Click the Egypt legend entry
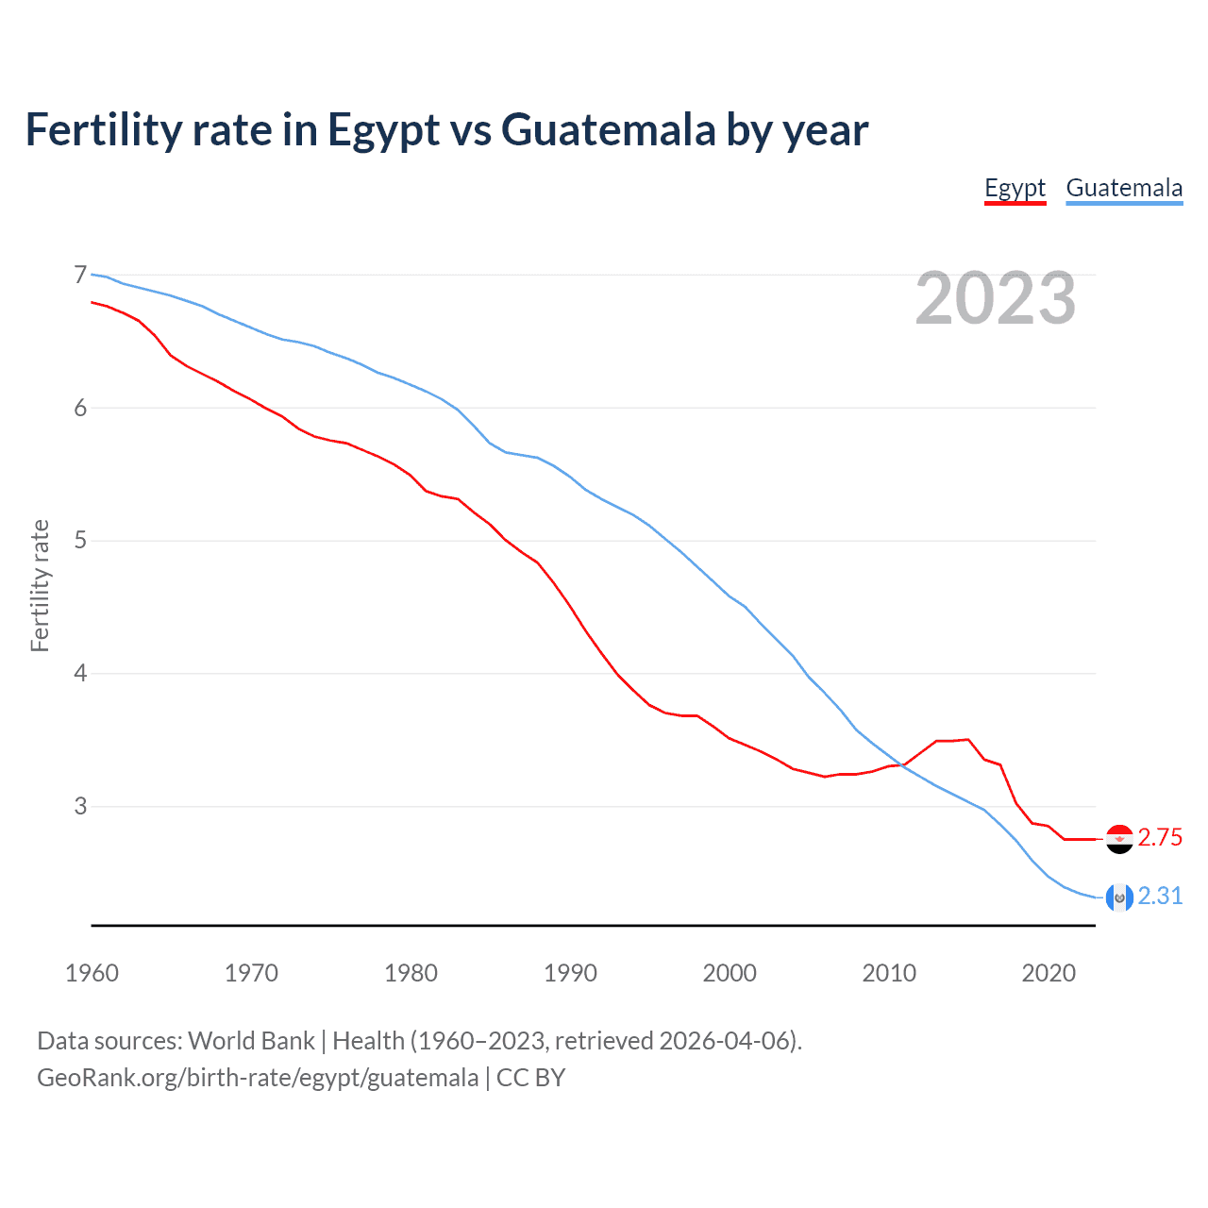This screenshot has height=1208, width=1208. [1015, 189]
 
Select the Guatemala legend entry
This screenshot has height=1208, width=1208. [1123, 189]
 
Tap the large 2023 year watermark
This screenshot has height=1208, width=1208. [996, 298]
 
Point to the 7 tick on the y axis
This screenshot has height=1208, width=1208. [80, 276]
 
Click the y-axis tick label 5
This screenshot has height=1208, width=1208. [80, 541]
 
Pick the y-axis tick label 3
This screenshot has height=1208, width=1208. [80, 806]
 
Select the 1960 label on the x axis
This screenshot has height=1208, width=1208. [92, 973]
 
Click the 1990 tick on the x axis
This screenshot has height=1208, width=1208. [570, 973]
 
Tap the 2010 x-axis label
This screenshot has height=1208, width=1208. [889, 973]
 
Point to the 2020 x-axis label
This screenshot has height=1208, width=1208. [1049, 973]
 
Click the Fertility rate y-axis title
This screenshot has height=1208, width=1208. [40, 585]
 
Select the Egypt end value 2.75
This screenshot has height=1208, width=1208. [1160, 838]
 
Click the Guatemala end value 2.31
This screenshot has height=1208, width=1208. [1160, 896]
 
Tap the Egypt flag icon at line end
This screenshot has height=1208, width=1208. [1119, 838]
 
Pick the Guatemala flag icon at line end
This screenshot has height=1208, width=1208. [1119, 897]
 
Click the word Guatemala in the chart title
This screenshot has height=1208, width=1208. [609, 130]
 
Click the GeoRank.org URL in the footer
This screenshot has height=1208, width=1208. [258, 1078]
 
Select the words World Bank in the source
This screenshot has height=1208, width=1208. [251, 1041]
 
